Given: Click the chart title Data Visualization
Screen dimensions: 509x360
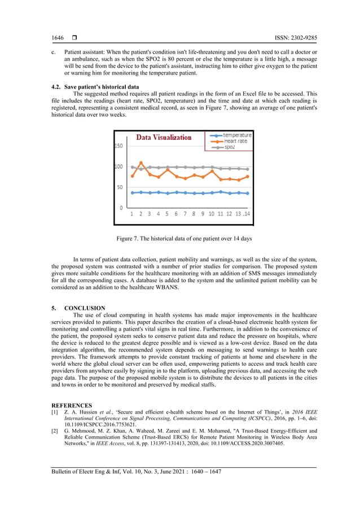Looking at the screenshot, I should [164, 137].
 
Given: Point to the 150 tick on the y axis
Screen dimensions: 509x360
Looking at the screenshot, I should [118, 146].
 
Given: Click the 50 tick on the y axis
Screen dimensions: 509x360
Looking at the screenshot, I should [120, 187].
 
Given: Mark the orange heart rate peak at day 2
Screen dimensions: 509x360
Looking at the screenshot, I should [141, 163].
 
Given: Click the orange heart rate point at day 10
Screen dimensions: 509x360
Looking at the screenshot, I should [212, 170].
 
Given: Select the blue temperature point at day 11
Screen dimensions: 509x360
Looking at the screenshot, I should [221, 191].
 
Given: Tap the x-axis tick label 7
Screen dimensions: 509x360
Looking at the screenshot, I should [185, 214].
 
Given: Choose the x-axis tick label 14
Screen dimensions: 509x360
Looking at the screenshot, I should [247, 214].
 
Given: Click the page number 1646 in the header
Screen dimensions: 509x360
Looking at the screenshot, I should [58, 38].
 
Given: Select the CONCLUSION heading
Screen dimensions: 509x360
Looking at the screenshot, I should [85, 308].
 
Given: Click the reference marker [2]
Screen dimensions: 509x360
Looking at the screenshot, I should [55, 431].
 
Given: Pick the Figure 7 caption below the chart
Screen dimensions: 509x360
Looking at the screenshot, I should [184, 239].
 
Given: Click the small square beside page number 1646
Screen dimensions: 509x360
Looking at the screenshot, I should [74, 38].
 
